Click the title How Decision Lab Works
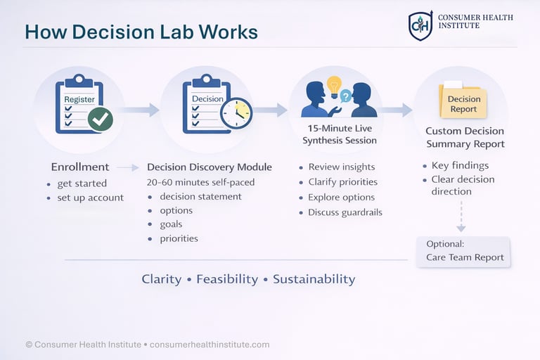(x=141, y=32)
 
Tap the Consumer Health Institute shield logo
(x=420, y=26)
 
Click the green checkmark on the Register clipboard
(x=100, y=119)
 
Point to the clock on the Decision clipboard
(x=236, y=113)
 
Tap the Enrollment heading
(x=80, y=167)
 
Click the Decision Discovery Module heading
(x=210, y=167)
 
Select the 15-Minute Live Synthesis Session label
(x=340, y=134)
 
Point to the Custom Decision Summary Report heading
(x=465, y=137)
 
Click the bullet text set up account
(x=90, y=198)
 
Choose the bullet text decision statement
(x=200, y=196)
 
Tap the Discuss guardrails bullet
(x=345, y=212)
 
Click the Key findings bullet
(x=460, y=165)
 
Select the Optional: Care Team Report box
(x=464, y=251)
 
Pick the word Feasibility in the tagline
(x=227, y=279)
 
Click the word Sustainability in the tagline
(x=314, y=279)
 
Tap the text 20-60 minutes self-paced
(x=200, y=182)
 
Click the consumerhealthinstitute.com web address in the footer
(x=210, y=345)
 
